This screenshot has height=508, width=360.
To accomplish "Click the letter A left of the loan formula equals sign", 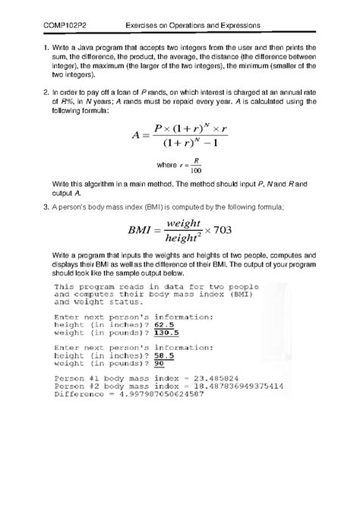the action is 136,137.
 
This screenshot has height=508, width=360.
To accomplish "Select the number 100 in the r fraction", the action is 197,170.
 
